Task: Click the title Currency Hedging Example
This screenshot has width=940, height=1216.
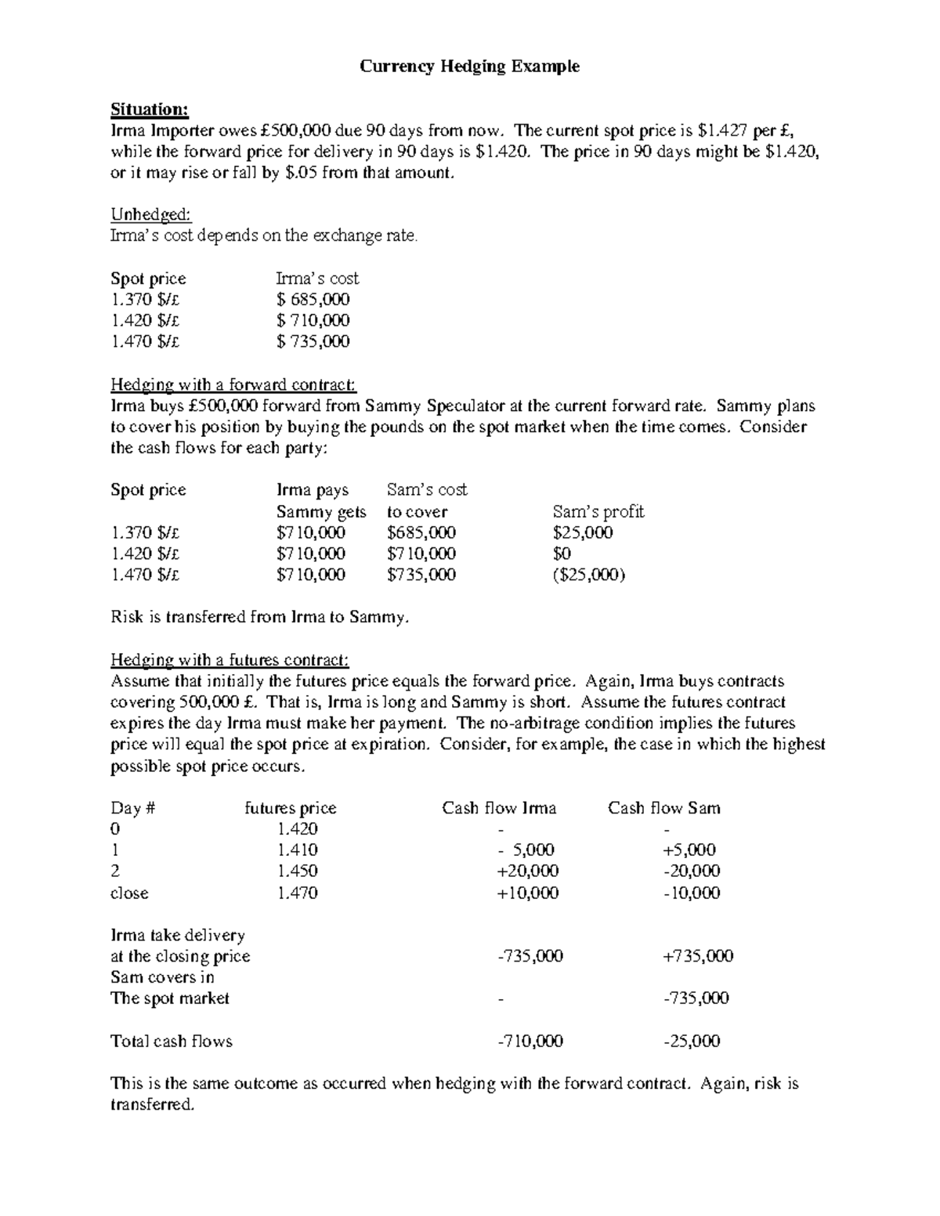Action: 469,67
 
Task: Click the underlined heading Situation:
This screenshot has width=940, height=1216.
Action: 150,109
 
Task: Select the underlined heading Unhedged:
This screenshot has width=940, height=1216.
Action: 151,215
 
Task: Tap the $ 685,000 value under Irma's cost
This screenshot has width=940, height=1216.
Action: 313,299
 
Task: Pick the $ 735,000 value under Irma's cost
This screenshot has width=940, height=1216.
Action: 313,341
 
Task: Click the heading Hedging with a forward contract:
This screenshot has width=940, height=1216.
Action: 233,385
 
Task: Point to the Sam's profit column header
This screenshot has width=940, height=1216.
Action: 598,512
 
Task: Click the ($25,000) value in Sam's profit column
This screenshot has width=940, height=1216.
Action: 588,575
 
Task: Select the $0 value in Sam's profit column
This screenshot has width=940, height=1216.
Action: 562,554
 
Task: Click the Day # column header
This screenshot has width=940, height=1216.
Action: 132,808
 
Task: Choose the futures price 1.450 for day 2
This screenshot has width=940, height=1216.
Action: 297,871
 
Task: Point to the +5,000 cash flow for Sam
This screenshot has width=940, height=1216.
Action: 689,850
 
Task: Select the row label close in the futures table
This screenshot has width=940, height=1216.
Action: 129,893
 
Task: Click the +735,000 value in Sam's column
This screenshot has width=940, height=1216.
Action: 698,956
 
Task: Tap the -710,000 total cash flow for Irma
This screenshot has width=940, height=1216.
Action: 530,1041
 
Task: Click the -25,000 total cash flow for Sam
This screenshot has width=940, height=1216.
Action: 692,1041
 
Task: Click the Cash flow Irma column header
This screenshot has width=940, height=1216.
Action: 499,808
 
